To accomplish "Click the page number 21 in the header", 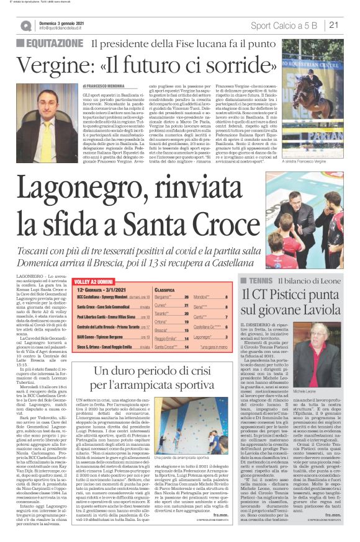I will click(334, 25).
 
